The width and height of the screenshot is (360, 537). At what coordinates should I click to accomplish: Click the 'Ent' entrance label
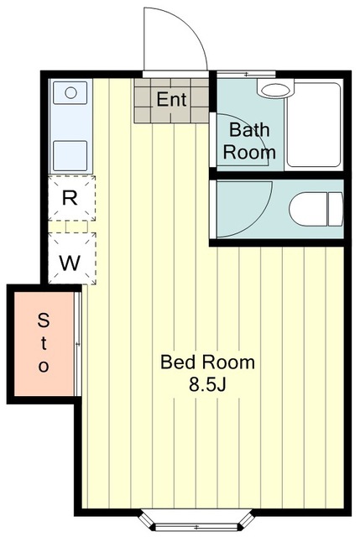171,99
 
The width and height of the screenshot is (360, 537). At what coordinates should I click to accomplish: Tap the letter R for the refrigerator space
70,198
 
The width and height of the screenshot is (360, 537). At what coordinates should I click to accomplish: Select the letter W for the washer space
70,263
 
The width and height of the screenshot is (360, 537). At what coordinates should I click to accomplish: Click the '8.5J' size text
207,384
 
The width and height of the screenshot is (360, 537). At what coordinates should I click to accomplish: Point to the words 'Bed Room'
207,362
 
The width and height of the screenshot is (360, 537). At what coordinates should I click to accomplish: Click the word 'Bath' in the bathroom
249,129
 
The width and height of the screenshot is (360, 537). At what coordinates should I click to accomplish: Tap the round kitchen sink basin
70,93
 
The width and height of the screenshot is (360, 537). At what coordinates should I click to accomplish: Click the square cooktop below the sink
70,155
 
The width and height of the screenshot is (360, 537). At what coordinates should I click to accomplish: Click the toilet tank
336,209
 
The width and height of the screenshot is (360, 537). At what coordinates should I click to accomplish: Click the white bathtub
314,125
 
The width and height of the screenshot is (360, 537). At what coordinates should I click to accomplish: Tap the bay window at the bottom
196,522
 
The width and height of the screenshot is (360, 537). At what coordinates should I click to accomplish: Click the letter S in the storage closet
43,321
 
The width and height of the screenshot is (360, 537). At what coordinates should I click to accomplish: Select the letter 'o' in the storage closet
44,367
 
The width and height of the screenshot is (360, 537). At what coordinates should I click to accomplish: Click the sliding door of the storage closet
78,344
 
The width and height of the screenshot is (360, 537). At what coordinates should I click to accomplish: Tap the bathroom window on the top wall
247,75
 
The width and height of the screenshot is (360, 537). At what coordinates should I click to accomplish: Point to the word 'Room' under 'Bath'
249,153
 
